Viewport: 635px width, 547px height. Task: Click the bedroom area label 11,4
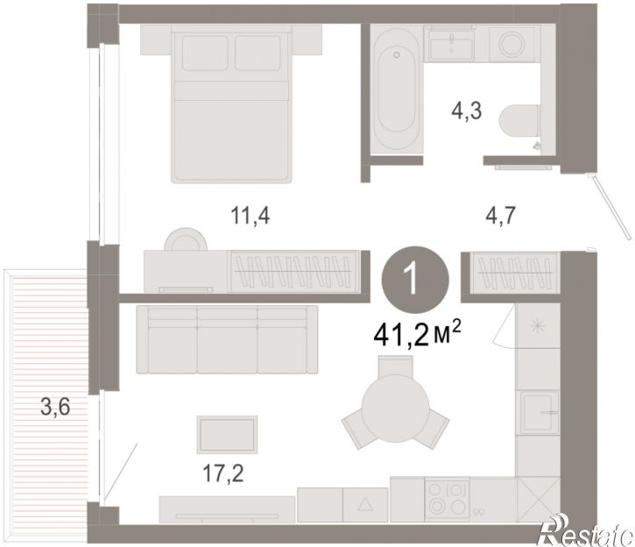(250, 215)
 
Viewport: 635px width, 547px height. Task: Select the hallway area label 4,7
(500, 215)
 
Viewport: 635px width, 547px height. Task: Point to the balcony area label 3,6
(55, 407)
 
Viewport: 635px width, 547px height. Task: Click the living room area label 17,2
(222, 473)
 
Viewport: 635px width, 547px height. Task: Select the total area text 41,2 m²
(418, 335)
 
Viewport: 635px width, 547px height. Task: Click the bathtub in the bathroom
(397, 90)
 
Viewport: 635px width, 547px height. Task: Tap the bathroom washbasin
(452, 43)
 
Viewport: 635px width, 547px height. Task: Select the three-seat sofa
(227, 339)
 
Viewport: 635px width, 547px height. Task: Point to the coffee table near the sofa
(227, 435)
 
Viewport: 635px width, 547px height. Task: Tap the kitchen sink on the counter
(538, 413)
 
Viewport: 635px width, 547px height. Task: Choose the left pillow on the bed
(204, 53)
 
